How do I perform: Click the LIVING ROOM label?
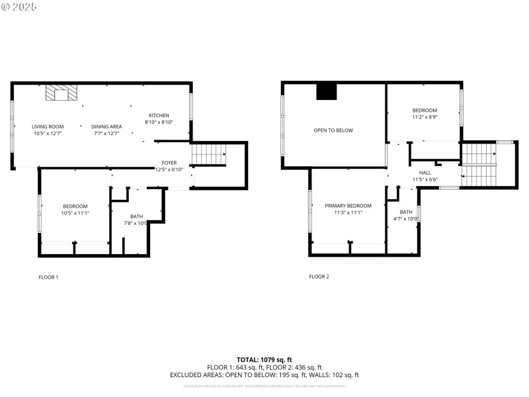click(x=48, y=126)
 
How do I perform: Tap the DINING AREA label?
click(x=106, y=126)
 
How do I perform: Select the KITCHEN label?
click(x=159, y=115)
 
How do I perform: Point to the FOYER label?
click(x=169, y=163)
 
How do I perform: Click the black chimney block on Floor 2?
click(x=327, y=91)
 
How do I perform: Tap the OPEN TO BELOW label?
click(x=333, y=130)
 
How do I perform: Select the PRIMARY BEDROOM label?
click(x=348, y=206)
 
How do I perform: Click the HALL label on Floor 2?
click(x=425, y=172)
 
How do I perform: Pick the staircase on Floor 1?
click(x=208, y=155)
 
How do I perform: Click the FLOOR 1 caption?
click(x=48, y=277)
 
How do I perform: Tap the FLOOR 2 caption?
click(x=319, y=277)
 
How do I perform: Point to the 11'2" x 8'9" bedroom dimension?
click(x=425, y=117)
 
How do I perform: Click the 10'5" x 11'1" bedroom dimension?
click(x=76, y=213)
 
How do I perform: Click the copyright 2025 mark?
click(x=19, y=6)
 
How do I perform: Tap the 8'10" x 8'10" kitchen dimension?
click(x=159, y=122)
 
